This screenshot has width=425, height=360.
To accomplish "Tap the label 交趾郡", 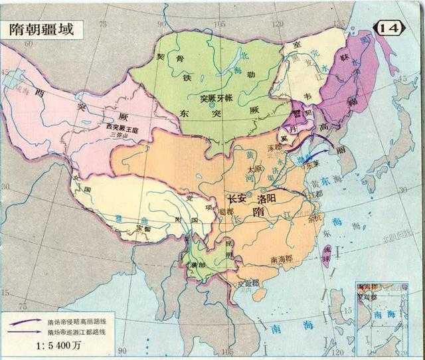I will [x=248, y=282].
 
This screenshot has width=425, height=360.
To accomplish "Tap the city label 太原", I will [x=253, y=169].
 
